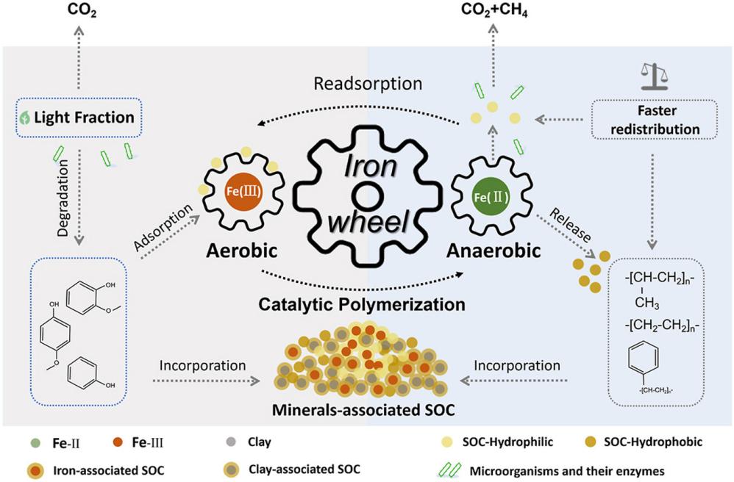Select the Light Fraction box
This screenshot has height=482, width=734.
point(79,118)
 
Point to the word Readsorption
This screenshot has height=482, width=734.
point(368,84)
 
